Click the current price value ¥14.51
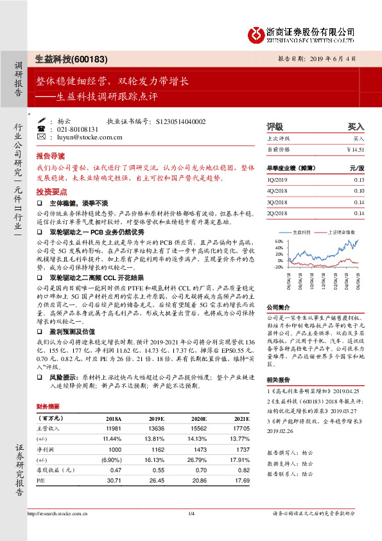(355, 149)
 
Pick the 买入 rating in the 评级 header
(356, 127)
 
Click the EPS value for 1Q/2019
(358, 180)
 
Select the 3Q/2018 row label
(278, 202)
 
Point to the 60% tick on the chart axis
(278, 241)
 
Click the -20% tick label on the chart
(277, 266)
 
